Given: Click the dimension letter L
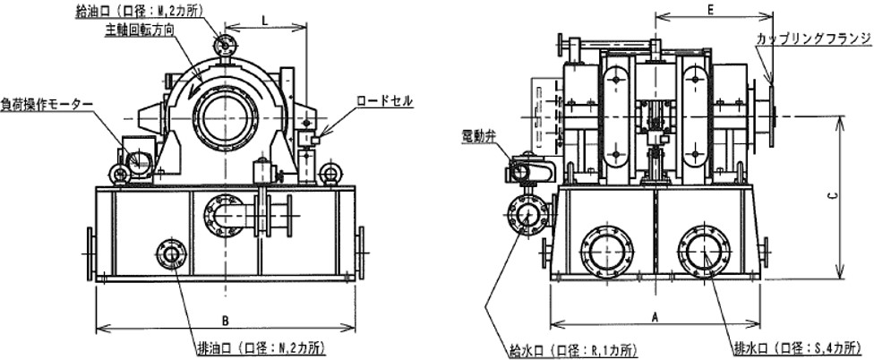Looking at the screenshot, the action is pos(266,19).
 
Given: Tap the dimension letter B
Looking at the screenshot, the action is pos(225,321).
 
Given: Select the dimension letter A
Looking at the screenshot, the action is pos(655,317).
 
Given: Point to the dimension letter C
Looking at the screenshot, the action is pos(830,196).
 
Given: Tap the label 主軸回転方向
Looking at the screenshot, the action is pos(140,30).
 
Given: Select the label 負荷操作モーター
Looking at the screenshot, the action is pos(46,104).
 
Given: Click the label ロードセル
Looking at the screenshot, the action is pos(385,101).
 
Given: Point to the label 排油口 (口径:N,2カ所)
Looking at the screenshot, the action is pos(261,349).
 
